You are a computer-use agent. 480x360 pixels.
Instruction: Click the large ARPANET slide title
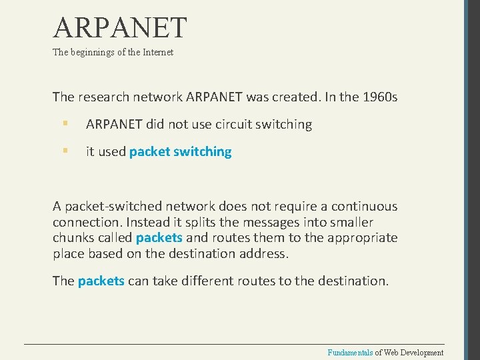[x=120, y=28]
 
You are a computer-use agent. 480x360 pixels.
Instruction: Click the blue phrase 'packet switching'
[x=180, y=152]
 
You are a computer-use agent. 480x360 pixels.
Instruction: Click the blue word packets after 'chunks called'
[x=159, y=238]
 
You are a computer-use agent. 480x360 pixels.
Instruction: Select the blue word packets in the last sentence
[x=101, y=281]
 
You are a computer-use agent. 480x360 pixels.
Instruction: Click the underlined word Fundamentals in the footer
[x=349, y=353]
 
